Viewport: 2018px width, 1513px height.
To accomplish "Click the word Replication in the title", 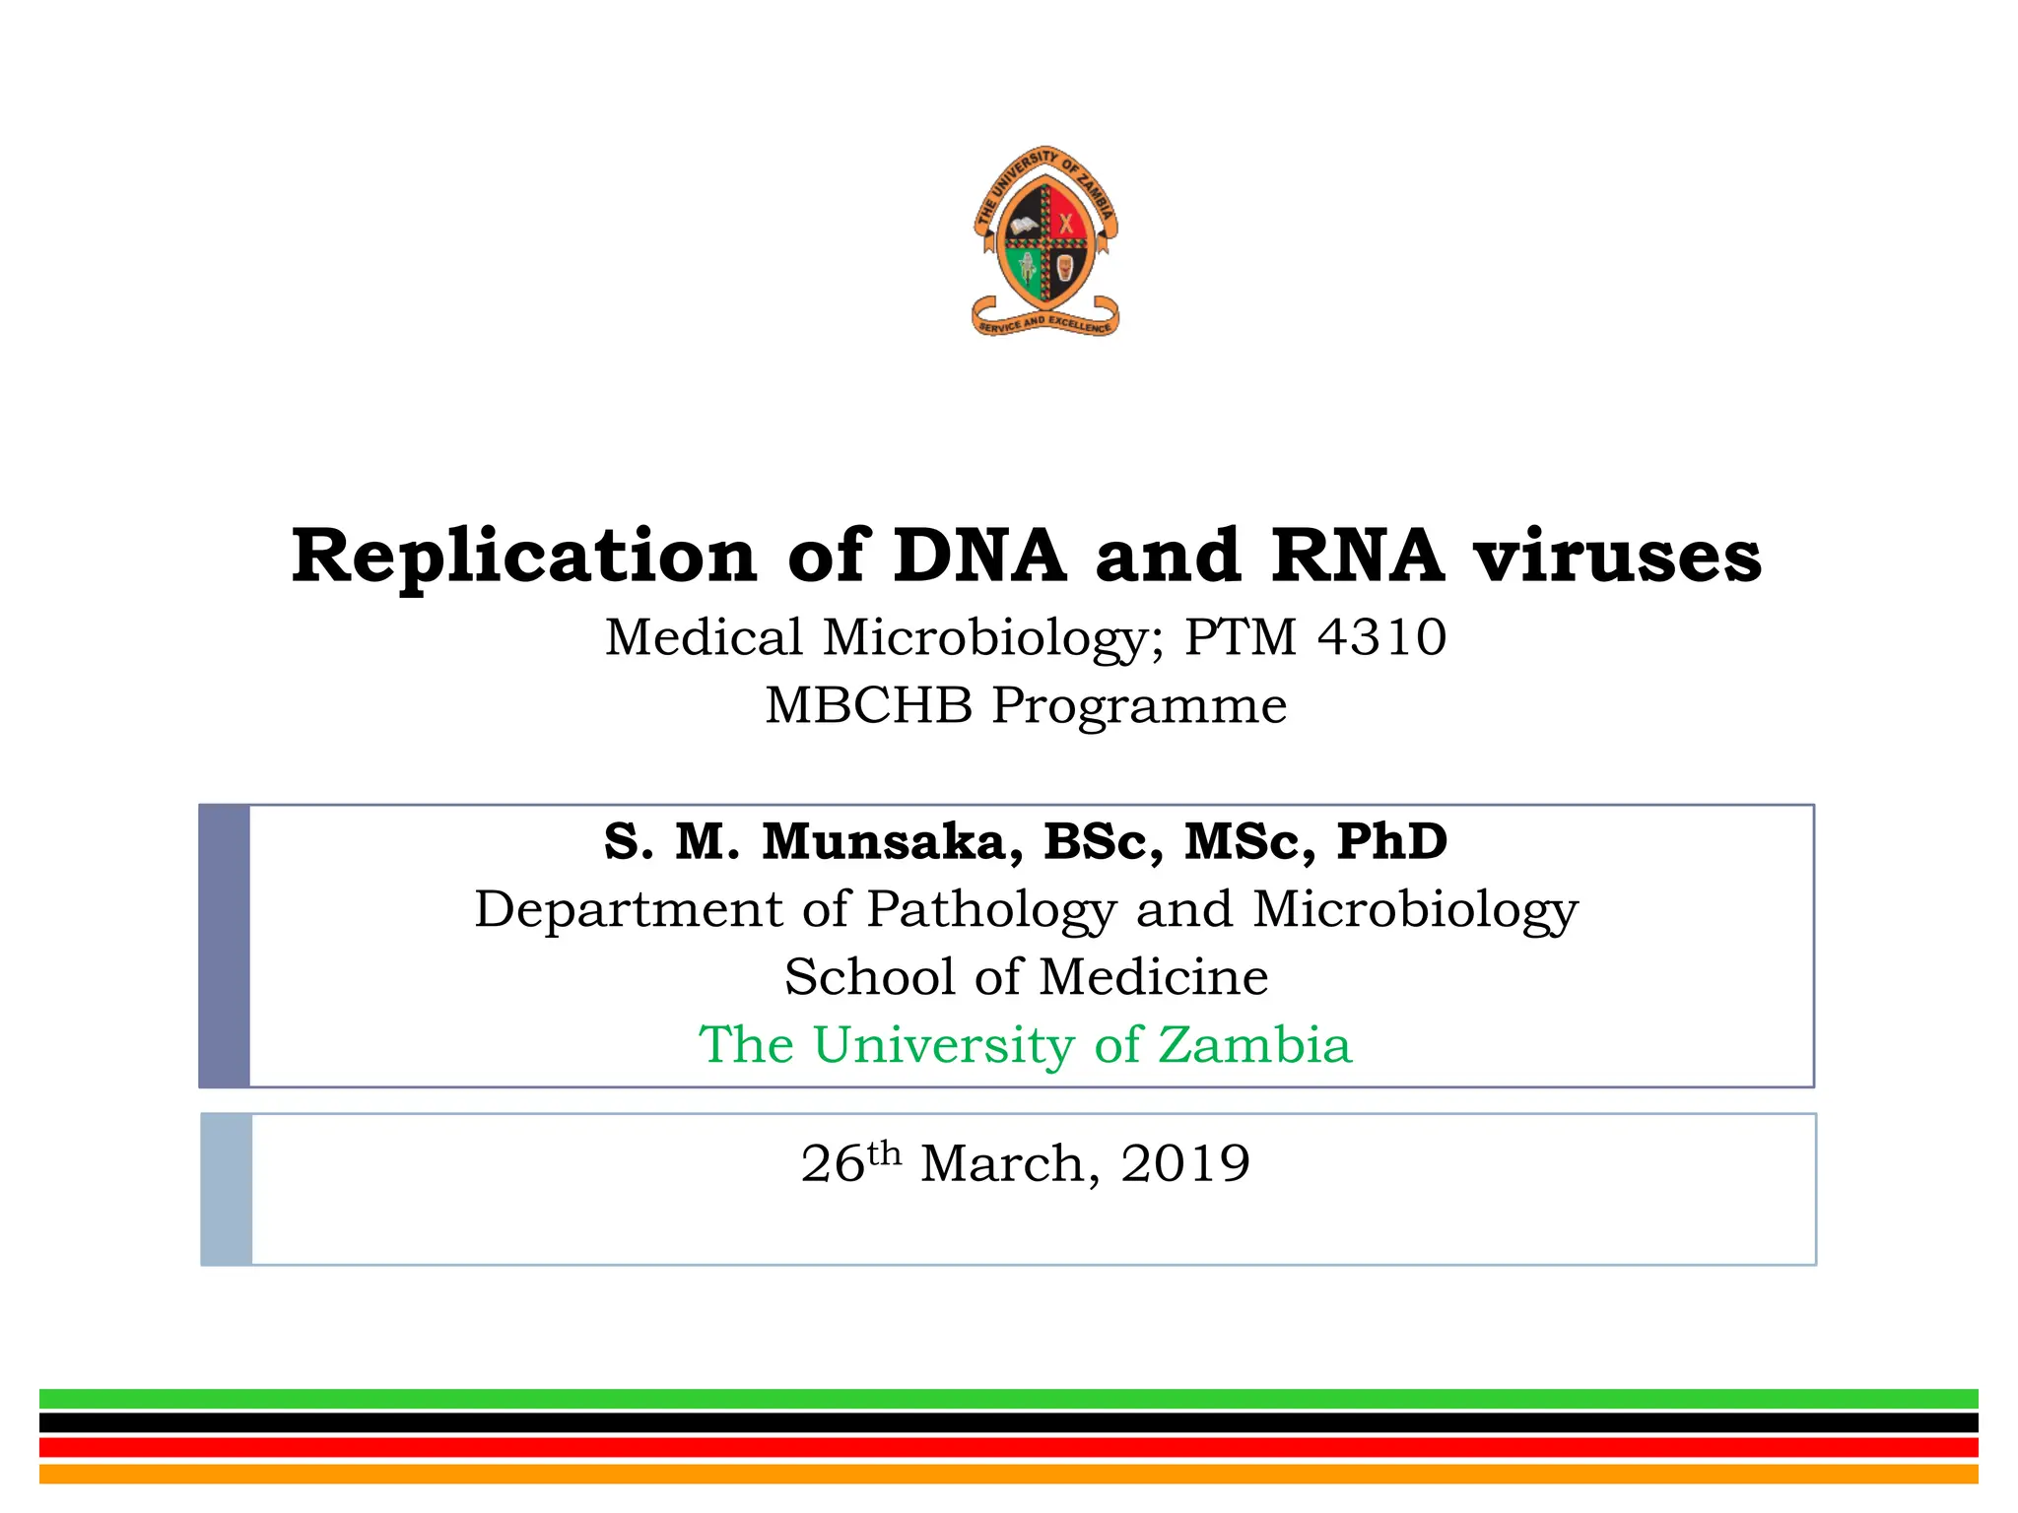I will pyautogui.click(x=523, y=557).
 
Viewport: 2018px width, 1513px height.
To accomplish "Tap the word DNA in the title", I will pyautogui.click(x=979, y=557).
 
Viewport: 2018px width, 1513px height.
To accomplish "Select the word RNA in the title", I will pyautogui.click(x=1357, y=557).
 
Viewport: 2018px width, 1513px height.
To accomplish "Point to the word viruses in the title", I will pyautogui.click(x=1617, y=557).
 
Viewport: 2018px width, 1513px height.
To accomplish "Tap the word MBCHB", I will pyautogui.click(x=868, y=706).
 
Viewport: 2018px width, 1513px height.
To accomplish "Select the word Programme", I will pyautogui.click(x=1139, y=706).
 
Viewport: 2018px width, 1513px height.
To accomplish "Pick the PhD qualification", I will pyautogui.click(x=1391, y=842).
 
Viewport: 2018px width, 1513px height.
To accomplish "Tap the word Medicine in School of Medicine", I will pyautogui.click(x=1153, y=977).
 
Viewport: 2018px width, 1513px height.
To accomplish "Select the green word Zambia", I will pyautogui.click(x=1253, y=1045).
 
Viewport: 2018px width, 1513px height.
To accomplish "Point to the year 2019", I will pyautogui.click(x=1185, y=1163).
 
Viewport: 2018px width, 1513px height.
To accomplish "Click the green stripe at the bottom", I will pyautogui.click(x=1009, y=1399).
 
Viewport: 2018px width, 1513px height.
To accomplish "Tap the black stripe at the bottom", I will pyautogui.click(x=1009, y=1423).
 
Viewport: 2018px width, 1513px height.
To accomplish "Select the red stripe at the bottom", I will pyautogui.click(x=1009, y=1448).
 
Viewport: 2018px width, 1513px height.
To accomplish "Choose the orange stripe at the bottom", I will pyautogui.click(x=1009, y=1474).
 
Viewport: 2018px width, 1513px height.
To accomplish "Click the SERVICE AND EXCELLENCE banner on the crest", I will pyautogui.click(x=1045, y=323).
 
